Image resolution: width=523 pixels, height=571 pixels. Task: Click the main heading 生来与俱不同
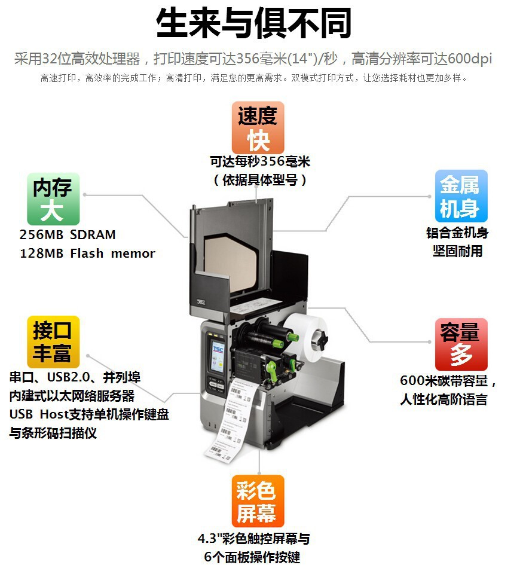click(x=254, y=24)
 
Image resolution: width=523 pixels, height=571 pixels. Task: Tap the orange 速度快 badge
click(x=258, y=127)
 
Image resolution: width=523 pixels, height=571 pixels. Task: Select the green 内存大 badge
click(x=53, y=199)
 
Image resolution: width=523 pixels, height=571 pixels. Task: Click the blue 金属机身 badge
click(x=460, y=196)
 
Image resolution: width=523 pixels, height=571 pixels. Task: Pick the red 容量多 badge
click(x=461, y=344)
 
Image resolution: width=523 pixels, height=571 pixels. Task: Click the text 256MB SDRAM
click(x=68, y=234)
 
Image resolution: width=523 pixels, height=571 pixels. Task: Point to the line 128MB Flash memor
click(x=87, y=253)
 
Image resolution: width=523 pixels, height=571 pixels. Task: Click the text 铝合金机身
click(x=457, y=233)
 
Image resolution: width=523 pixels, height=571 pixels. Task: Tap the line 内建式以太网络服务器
click(x=72, y=396)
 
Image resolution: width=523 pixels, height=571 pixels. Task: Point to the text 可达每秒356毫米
click(x=260, y=161)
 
